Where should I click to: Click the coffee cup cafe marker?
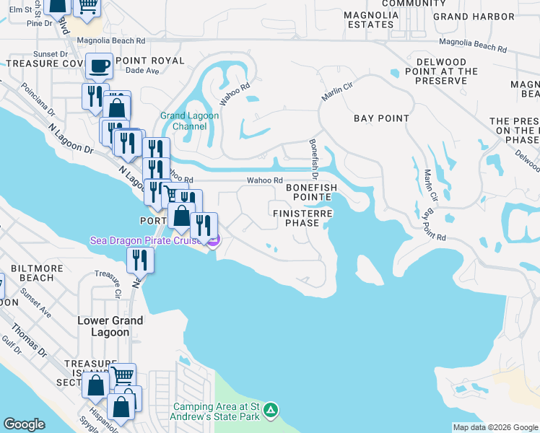[x=100, y=67]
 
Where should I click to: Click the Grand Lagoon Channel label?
[x=183, y=121]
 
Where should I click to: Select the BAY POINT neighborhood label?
[x=381, y=118]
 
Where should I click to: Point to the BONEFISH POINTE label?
[x=311, y=192]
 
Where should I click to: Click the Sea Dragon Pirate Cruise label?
[x=146, y=240]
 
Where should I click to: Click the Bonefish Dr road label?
[x=314, y=159]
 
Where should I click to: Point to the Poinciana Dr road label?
[x=38, y=100]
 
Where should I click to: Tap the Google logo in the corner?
[x=24, y=424]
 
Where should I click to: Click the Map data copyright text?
[x=495, y=427]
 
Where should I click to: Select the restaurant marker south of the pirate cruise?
[x=140, y=260]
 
